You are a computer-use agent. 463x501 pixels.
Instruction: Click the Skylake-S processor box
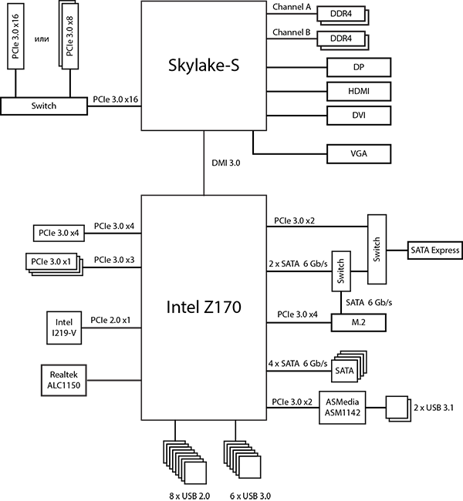[x=204, y=66]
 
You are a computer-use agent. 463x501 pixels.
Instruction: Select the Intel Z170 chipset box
[x=204, y=308]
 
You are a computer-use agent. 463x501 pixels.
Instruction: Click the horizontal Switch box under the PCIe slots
[x=44, y=106]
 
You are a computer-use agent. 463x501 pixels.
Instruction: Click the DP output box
[x=359, y=67]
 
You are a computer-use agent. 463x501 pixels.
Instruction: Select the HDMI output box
[x=359, y=92]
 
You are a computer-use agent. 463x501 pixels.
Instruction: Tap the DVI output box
[x=359, y=116]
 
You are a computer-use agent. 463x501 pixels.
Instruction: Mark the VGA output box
[x=359, y=154]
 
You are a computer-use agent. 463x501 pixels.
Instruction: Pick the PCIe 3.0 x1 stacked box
[x=52, y=261]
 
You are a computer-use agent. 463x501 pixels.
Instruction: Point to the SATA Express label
[x=435, y=250]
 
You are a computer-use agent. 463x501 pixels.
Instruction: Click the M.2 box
[x=358, y=321]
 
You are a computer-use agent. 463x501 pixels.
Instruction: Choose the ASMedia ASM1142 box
[x=344, y=406]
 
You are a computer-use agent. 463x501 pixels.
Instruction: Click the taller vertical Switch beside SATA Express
[x=377, y=249]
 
